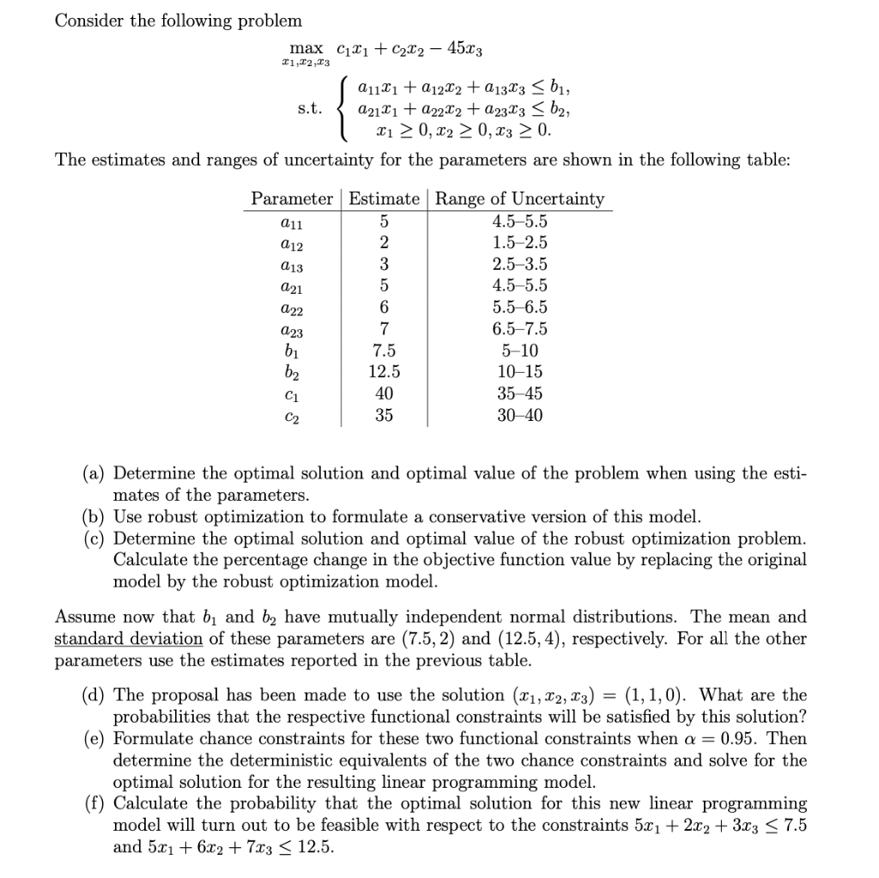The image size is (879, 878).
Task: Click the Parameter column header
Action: point(292,198)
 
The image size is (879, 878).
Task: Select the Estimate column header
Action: point(384,198)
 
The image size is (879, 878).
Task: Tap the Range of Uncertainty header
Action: point(519,198)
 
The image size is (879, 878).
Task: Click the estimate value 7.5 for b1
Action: point(384,351)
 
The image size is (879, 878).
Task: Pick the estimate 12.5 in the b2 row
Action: point(384,372)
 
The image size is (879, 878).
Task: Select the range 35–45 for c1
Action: point(519,393)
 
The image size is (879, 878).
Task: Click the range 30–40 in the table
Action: point(519,416)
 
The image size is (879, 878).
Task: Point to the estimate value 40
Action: point(384,393)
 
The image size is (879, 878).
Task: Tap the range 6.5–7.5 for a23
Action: point(519,329)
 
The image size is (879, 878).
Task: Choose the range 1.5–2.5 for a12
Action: point(519,242)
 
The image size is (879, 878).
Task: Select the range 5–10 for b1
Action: point(519,351)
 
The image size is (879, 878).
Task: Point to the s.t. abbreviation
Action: point(310,110)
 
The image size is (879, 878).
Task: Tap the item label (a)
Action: point(94,473)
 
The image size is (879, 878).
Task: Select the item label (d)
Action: point(94,694)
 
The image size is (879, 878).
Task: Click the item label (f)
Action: point(94,803)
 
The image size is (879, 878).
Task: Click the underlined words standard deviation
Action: point(129,638)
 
